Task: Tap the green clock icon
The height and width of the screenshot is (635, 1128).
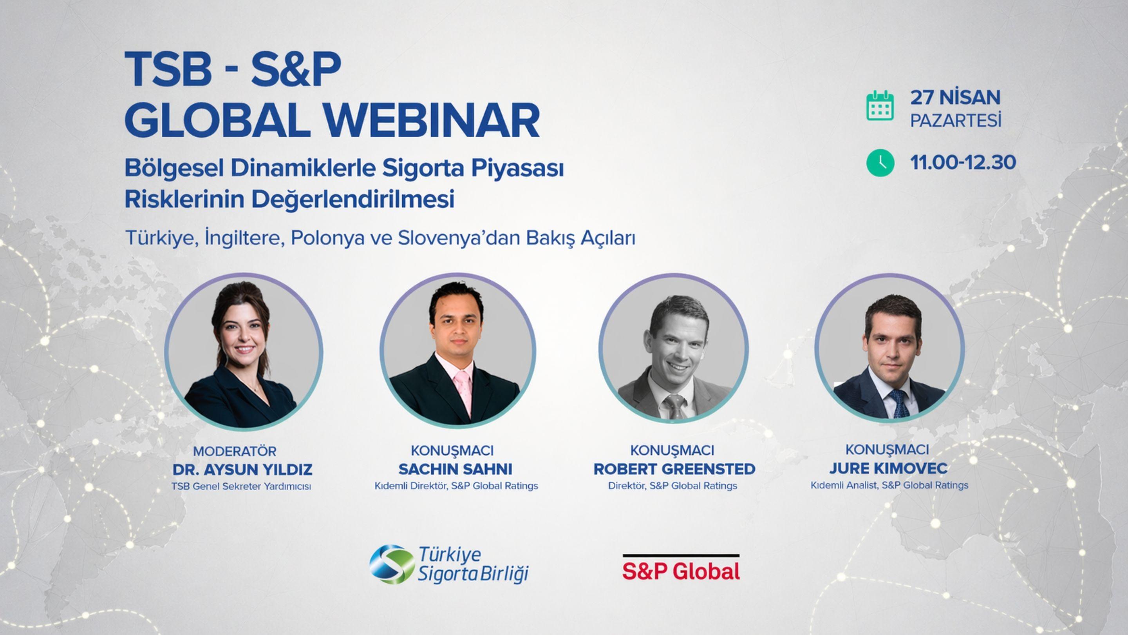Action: point(880,163)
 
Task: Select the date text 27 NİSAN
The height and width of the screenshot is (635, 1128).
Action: point(956,97)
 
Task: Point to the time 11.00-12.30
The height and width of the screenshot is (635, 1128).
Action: point(963,163)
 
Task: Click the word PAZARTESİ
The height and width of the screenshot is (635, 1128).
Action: point(956,120)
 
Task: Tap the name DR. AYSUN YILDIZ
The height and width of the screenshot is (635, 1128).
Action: point(242,469)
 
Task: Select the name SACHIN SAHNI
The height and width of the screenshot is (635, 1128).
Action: point(456,469)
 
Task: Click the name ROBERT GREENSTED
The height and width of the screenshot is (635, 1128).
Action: point(674,469)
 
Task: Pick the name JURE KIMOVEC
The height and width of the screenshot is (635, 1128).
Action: point(888,468)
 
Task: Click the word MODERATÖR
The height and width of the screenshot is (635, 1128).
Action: point(235,451)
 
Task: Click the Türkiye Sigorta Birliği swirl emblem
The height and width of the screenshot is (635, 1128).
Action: point(391,564)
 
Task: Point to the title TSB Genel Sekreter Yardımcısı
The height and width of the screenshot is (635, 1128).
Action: point(241,486)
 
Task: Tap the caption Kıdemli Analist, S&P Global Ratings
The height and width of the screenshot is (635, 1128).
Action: point(889,485)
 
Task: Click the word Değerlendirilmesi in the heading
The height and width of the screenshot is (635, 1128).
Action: point(352,200)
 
